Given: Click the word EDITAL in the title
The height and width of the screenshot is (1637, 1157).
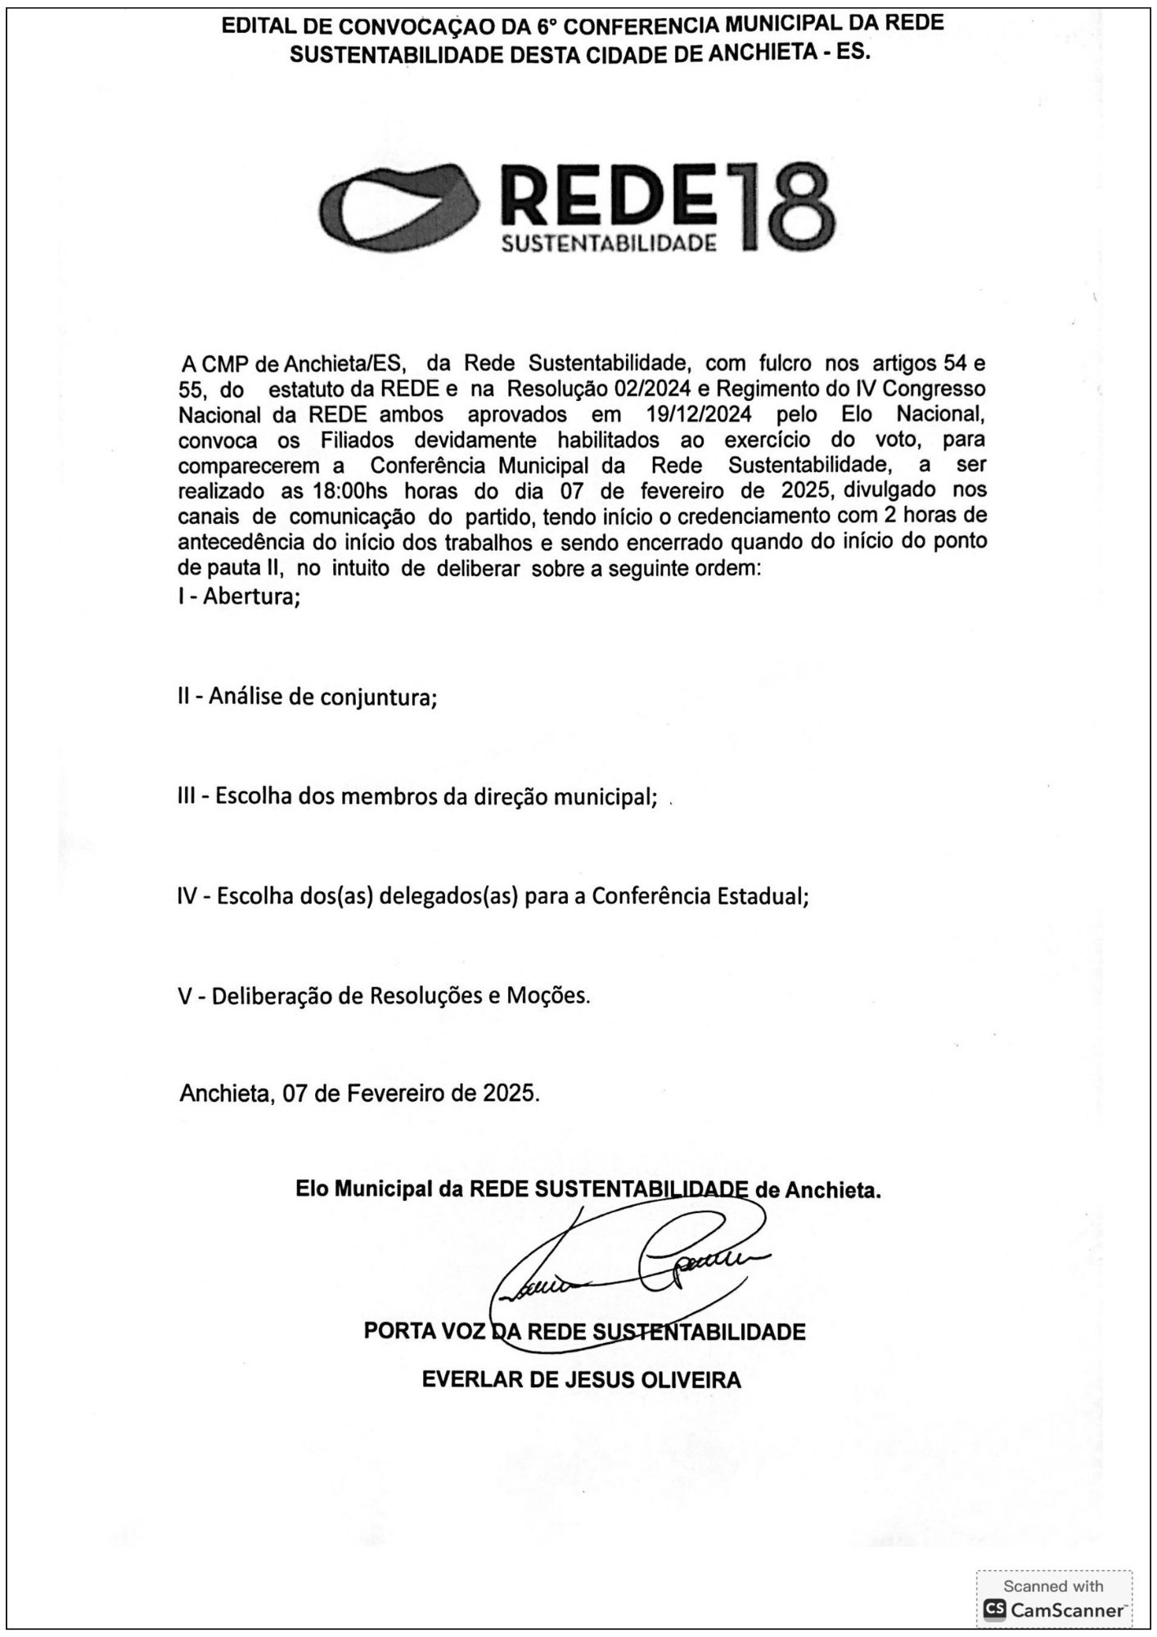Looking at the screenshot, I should point(256,26).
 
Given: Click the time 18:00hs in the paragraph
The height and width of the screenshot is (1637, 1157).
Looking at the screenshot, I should point(352,491).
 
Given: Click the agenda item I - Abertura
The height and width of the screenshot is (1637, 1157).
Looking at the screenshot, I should point(240,596).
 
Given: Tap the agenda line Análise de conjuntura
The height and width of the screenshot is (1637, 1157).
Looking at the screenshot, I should point(307,697).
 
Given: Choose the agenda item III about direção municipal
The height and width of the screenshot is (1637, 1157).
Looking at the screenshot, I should point(417,796).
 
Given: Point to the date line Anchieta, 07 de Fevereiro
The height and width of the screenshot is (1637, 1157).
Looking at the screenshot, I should point(359,1093).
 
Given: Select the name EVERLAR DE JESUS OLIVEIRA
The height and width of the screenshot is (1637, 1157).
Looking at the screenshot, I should point(581,1380).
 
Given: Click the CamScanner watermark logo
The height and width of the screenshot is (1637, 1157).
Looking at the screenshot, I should point(1053,1610).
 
